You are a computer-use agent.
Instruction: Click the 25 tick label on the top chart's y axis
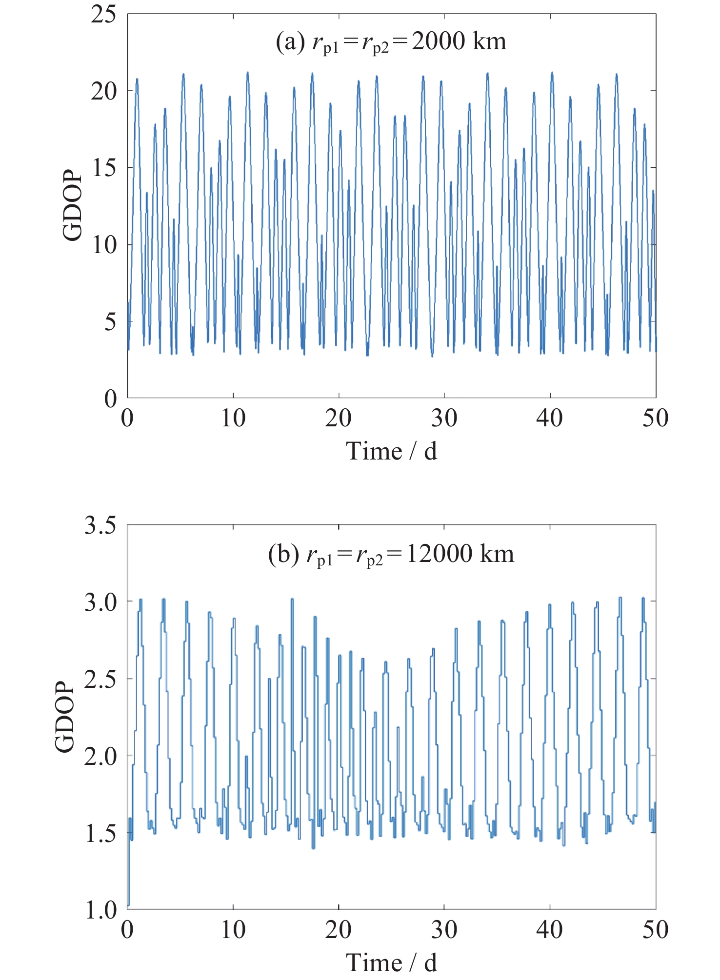[x=103, y=14]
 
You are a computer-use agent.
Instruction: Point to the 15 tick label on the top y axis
[x=103, y=168]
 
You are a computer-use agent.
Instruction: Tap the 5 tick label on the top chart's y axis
[x=110, y=321]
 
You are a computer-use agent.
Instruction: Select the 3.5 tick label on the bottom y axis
[x=100, y=525]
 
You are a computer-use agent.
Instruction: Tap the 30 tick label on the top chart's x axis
[x=444, y=418]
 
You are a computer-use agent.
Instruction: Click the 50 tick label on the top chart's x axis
[x=655, y=418]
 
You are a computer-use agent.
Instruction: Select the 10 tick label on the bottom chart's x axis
[x=233, y=930]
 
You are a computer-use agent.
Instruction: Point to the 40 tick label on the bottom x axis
[x=549, y=930]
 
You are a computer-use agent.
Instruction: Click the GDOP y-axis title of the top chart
[x=73, y=205]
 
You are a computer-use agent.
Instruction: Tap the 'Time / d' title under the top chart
[x=391, y=451]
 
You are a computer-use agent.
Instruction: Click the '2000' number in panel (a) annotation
[x=438, y=41]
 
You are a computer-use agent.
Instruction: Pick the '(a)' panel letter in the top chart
[x=291, y=41]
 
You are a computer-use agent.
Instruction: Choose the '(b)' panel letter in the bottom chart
[x=283, y=554]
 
